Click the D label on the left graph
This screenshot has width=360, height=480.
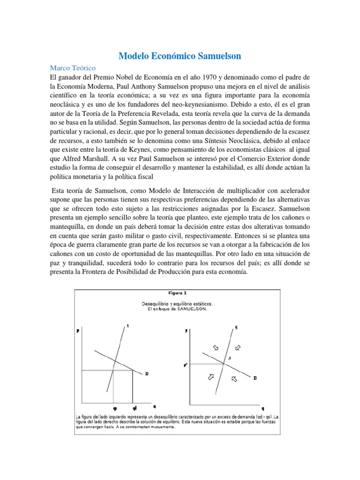click(x=147, y=373)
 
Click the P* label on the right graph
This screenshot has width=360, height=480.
click(x=186, y=363)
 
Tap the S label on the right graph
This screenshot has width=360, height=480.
click(x=236, y=327)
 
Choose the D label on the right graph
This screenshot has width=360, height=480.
click(x=255, y=377)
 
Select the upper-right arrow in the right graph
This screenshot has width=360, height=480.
click(x=238, y=348)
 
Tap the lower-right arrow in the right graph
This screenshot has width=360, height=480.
click(x=234, y=377)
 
